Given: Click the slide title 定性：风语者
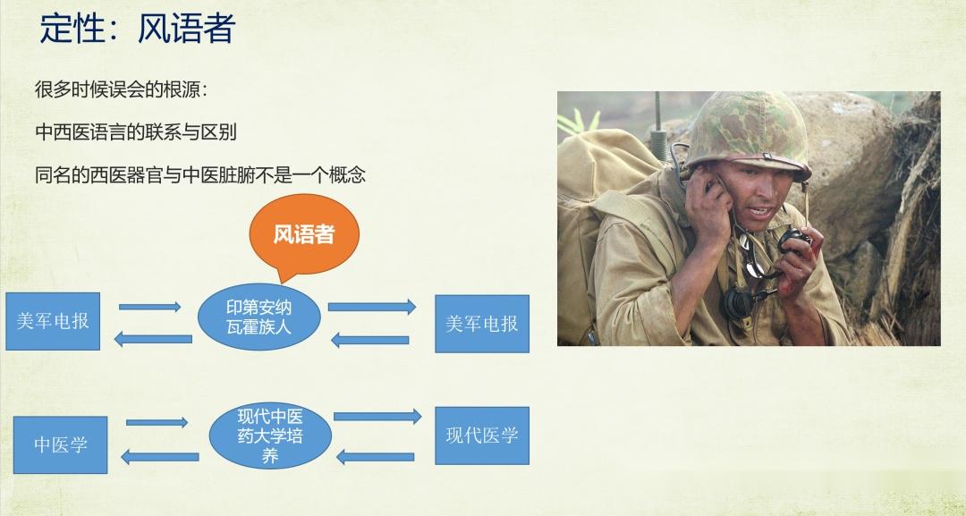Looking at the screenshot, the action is click(x=138, y=29).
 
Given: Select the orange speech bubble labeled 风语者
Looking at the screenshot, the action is click(x=304, y=235).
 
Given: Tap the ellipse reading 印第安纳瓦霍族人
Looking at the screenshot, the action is click(x=258, y=317).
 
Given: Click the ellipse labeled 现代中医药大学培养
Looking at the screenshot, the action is click(x=270, y=436).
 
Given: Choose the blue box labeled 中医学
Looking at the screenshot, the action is click(x=61, y=444).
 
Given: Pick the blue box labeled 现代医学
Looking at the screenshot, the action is click(x=482, y=436).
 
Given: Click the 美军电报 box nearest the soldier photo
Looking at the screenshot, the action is click(x=482, y=324).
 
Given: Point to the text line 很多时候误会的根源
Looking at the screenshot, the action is click(x=122, y=90).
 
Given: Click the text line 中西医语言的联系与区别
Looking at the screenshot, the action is click(x=136, y=131).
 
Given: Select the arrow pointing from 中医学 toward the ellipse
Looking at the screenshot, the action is click(x=157, y=422).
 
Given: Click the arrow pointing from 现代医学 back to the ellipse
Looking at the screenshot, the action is click(x=375, y=457).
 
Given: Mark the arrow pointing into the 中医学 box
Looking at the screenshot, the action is click(x=159, y=457).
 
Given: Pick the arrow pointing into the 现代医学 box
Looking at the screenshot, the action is click(x=377, y=417).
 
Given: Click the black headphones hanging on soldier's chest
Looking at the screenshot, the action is click(x=743, y=301).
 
